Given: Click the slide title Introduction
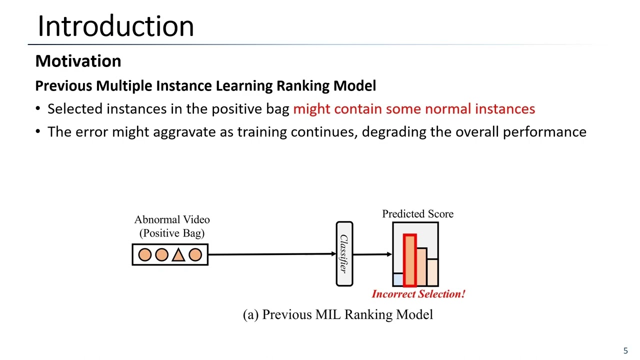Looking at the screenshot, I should [115, 26].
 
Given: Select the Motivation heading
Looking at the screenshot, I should [78, 61].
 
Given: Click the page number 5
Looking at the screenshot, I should [625, 350].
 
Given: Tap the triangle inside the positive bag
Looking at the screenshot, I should [178, 255].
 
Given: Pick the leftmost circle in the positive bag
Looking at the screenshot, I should [144, 255].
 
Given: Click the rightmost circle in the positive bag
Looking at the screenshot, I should [195, 255].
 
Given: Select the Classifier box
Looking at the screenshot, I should [344, 254].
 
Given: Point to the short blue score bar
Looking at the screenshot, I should [398, 279].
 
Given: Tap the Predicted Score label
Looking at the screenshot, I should [417, 214].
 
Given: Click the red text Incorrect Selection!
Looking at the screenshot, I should [418, 294].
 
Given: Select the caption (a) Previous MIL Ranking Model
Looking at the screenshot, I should [337, 314].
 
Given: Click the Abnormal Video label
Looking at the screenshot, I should [172, 220].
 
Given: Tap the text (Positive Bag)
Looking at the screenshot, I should [172, 233].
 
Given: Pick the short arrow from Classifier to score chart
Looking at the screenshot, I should [372, 254].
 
